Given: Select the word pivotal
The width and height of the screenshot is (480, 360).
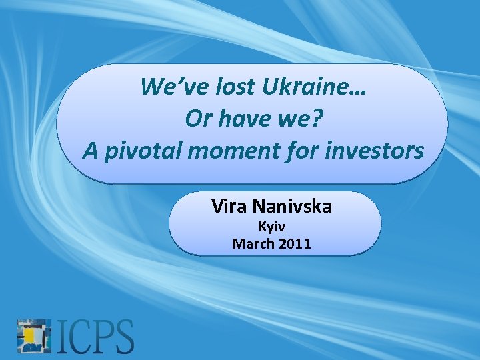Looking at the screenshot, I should [142, 151].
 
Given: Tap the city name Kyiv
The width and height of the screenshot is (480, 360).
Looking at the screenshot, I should [271, 227].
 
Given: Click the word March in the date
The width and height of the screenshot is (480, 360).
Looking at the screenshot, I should [253, 243].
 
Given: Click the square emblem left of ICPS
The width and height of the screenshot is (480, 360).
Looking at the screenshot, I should [34, 335].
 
